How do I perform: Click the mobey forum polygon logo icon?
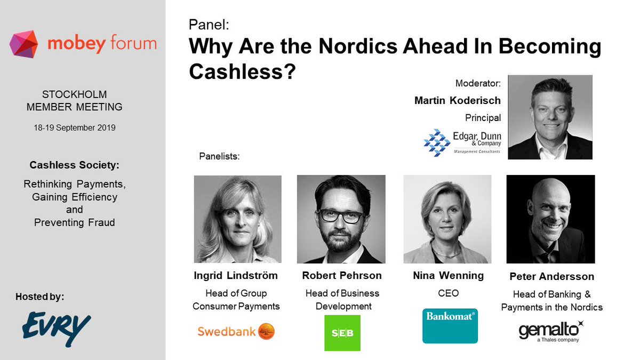click(24, 44)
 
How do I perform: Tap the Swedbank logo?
click(236, 331)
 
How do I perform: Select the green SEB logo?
click(342, 333)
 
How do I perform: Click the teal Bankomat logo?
click(450, 325)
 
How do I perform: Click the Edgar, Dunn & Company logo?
click(462, 141)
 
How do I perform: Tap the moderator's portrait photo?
click(550, 117)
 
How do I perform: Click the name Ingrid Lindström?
click(236, 276)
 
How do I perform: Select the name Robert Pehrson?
click(342, 276)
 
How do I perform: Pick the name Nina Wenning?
click(449, 276)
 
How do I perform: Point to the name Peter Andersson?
click(551, 277)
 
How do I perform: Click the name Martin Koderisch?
click(458, 100)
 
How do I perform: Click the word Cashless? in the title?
click(242, 71)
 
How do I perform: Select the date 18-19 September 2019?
click(74, 128)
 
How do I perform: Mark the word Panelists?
click(219, 157)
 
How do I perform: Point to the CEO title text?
click(449, 293)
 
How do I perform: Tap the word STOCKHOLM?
click(74, 95)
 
